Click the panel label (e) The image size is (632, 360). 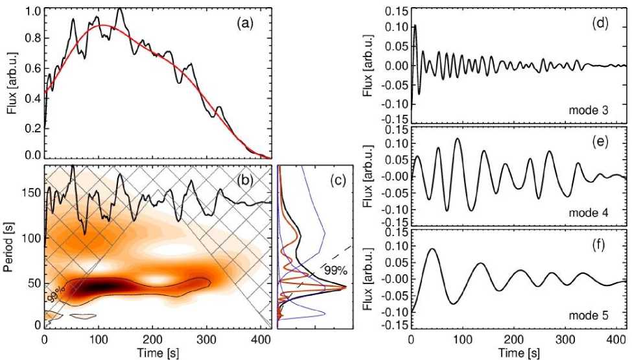[x=600, y=141]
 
